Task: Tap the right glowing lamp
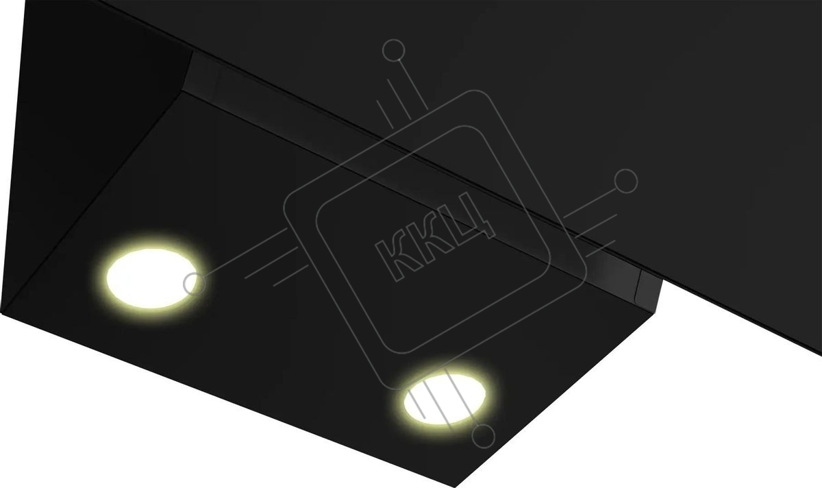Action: (445, 398)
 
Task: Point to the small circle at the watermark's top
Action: (393, 50)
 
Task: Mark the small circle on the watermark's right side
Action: (626, 181)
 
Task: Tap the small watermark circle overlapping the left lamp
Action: (195, 284)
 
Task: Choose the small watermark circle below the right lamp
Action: (484, 436)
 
